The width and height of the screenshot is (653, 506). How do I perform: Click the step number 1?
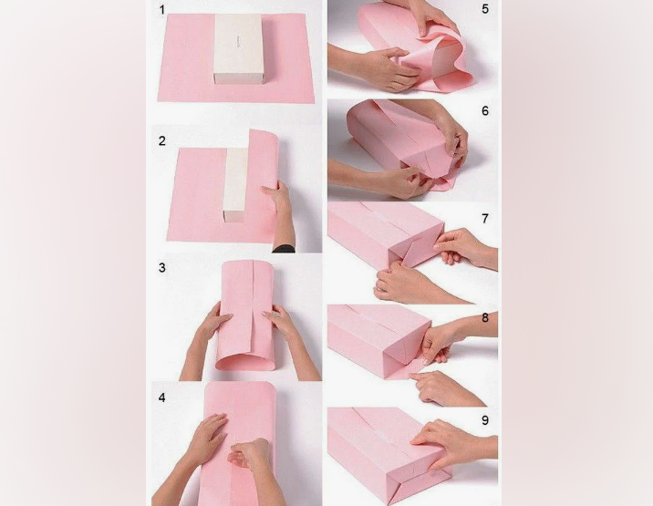coord(162,10)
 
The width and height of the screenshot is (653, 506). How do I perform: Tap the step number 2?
coord(162,140)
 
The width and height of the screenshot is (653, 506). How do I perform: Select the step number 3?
coord(162,268)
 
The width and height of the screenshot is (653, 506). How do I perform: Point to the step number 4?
coord(162,398)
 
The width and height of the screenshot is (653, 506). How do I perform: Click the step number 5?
coord(485,9)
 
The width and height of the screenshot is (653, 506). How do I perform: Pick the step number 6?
coord(485,111)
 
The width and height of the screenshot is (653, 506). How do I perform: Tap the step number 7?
coord(485,218)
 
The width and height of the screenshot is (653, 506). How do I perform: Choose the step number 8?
coord(485,318)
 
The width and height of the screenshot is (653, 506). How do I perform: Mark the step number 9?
coord(485,420)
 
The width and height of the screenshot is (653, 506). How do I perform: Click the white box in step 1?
coord(238,48)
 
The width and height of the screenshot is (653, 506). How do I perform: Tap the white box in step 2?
coord(237,185)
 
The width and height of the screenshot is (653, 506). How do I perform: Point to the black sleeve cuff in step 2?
coord(284,249)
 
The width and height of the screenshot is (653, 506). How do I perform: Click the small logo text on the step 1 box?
coord(240,40)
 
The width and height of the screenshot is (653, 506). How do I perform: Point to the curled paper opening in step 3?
coord(245,362)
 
